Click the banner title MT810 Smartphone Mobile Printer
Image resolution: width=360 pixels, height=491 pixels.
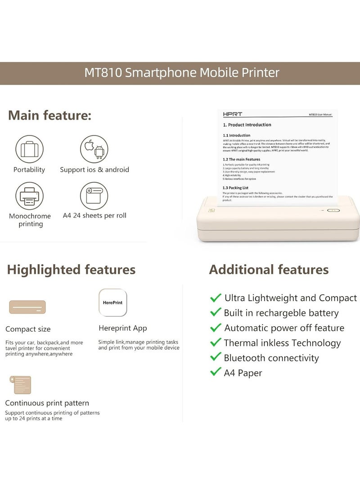pos(182,73)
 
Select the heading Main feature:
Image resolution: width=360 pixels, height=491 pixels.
pos(49,115)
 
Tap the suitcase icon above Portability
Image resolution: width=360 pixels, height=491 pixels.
pos(29,149)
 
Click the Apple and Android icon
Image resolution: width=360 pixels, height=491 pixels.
pos(94,149)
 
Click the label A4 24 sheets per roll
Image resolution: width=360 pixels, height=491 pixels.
pos(94,216)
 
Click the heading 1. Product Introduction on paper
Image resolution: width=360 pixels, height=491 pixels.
pos(247,125)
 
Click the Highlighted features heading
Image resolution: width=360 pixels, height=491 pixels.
pos(71,270)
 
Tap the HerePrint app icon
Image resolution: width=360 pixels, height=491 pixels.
pos(112,303)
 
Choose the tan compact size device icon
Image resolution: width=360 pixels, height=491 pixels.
pos(27,307)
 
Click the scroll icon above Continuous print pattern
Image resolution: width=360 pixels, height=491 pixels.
pos(22,385)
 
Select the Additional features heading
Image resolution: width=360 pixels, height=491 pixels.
pos(269,270)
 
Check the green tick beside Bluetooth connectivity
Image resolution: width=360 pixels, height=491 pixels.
pos(216,357)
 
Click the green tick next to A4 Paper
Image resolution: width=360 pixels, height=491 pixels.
pos(216,372)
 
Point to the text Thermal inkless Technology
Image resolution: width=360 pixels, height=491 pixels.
pos(282,343)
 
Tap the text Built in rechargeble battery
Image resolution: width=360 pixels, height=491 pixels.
pos(281,313)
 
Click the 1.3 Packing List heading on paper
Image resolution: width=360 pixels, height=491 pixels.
pos(235,188)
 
